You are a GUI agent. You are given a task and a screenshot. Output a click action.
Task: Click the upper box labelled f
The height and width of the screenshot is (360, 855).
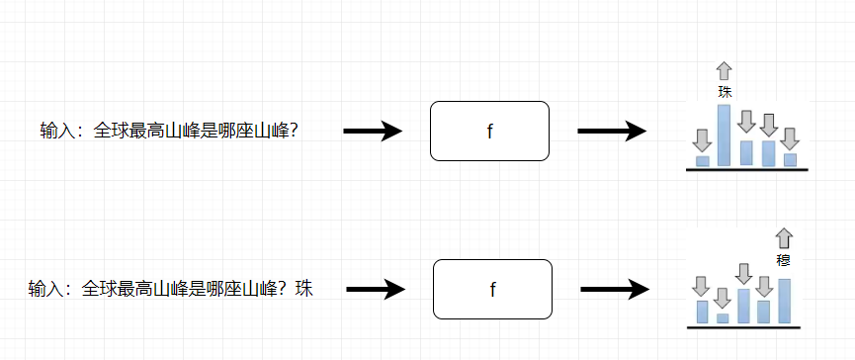[x=489, y=131]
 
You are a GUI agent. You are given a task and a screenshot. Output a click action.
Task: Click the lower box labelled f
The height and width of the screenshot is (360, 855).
[x=492, y=289]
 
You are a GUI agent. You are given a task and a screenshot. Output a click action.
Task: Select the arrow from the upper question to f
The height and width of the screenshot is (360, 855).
[x=373, y=131]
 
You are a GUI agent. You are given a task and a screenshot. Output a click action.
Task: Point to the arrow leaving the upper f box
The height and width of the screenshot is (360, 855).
[x=611, y=131]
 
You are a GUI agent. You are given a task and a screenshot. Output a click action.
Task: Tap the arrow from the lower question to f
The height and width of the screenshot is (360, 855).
[x=376, y=289]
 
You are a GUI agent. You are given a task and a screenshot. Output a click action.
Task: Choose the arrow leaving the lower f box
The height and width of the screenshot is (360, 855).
[x=614, y=289]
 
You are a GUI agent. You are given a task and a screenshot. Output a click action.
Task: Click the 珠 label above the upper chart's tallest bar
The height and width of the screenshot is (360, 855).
[x=725, y=92]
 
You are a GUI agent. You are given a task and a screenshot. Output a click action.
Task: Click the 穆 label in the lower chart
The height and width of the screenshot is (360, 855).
[x=784, y=260]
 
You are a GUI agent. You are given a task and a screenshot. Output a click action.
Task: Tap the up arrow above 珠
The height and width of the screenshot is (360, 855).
[x=725, y=70]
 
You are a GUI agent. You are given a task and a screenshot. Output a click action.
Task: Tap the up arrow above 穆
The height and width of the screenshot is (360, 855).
[x=784, y=237]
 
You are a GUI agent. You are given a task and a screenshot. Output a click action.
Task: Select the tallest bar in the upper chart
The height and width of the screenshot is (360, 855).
[x=725, y=135]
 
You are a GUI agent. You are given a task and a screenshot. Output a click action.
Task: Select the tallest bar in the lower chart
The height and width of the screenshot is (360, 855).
[x=784, y=302]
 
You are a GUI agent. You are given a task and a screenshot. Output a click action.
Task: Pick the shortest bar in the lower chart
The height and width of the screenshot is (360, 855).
[x=723, y=318]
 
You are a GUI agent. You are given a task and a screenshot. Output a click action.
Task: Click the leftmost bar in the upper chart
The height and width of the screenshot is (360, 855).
[x=703, y=160]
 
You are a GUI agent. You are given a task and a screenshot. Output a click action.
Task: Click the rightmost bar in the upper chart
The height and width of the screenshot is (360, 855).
[x=790, y=159]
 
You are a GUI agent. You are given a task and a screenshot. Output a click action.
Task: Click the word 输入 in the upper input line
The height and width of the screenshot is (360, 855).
[x=56, y=131]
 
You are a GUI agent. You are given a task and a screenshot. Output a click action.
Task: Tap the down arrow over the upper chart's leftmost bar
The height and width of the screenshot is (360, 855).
[x=703, y=139]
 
